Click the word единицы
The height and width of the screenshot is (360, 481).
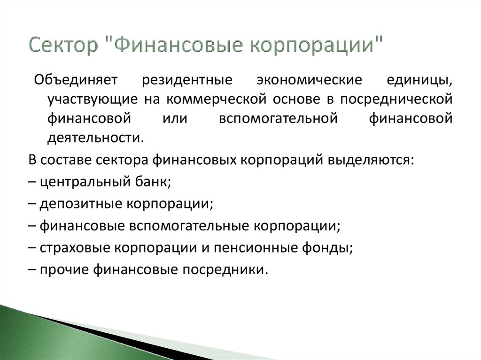421,80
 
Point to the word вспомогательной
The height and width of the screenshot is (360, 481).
278,119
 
